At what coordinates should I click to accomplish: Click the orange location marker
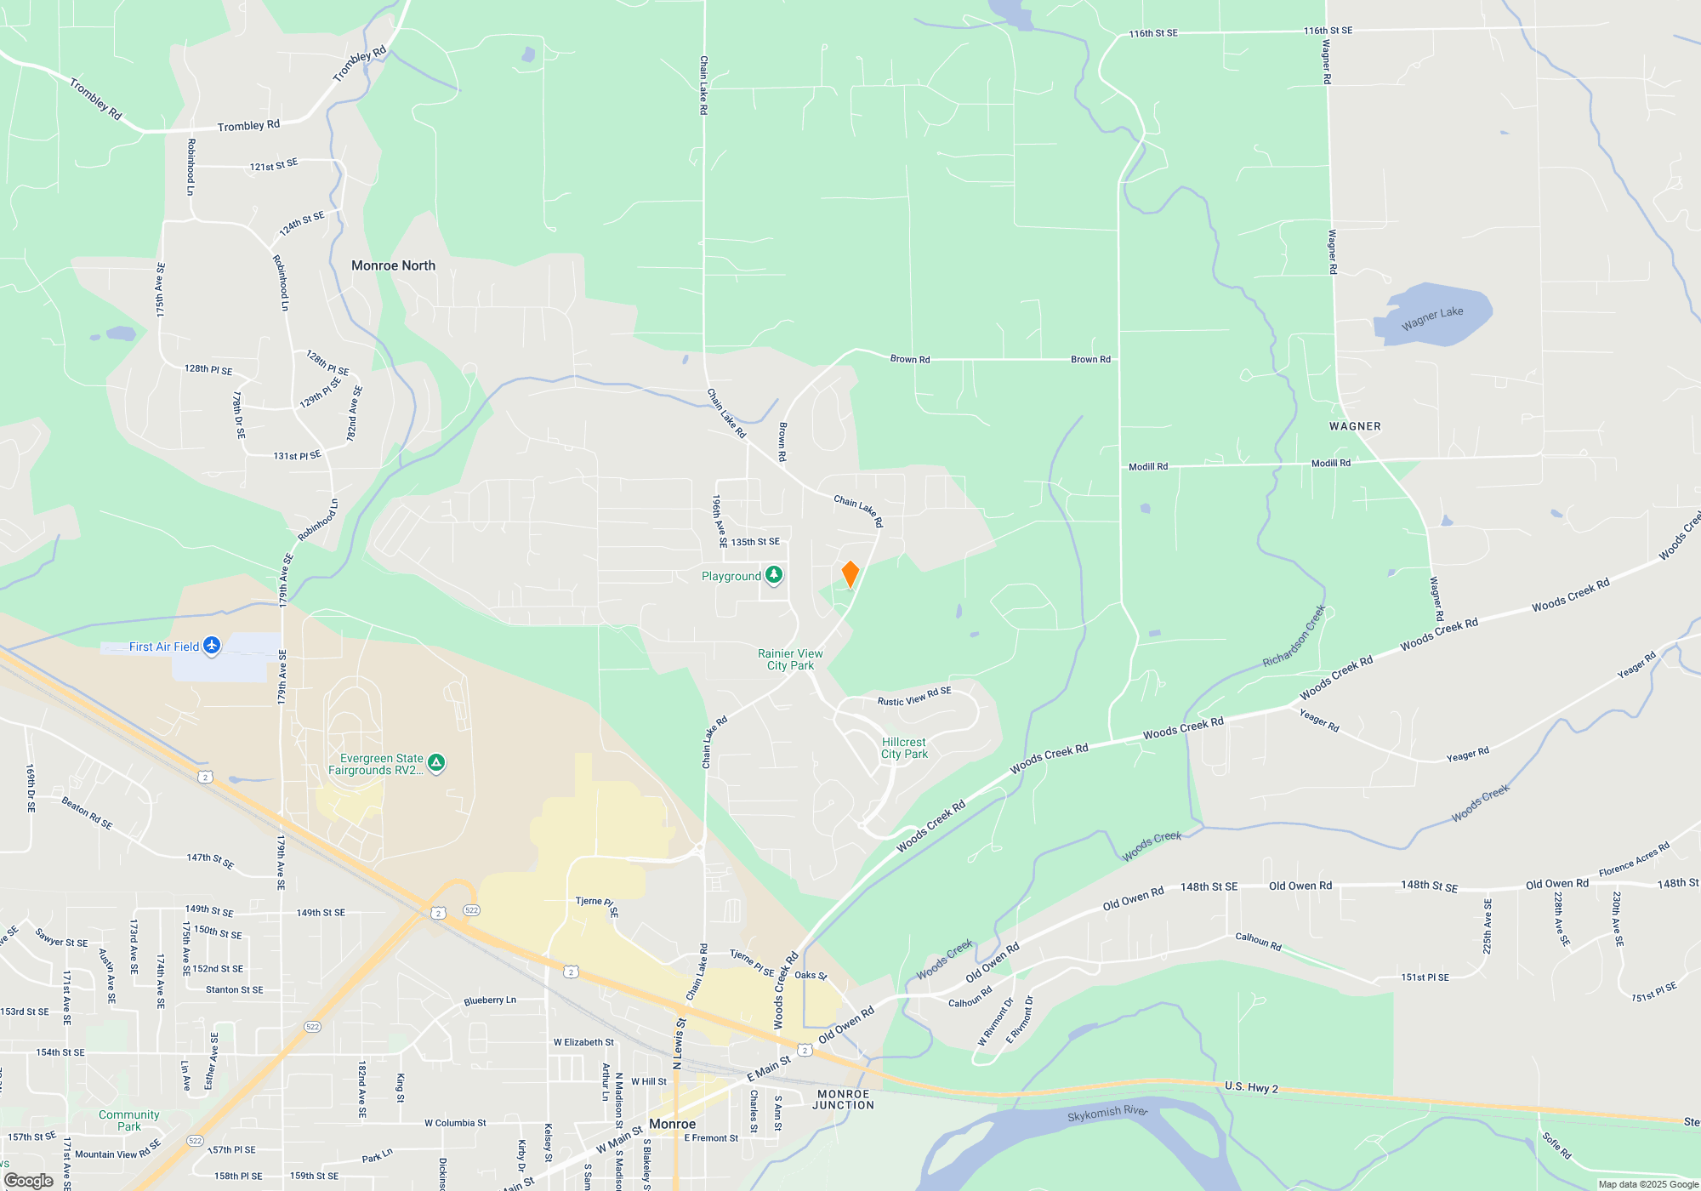point(850,574)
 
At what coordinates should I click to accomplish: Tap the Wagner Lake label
point(1432,317)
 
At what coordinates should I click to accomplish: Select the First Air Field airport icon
point(212,647)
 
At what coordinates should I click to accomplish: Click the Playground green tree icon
point(773,576)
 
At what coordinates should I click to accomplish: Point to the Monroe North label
point(393,265)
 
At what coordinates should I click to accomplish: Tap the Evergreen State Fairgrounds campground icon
point(436,763)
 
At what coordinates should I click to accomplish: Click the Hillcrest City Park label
point(904,748)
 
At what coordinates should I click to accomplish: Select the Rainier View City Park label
point(790,659)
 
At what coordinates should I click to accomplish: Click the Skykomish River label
point(1107,1112)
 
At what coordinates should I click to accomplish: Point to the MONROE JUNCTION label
point(843,1100)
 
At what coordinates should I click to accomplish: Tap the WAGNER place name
point(1355,426)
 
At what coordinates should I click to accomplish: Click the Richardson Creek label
point(1294,636)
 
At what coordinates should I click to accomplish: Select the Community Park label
point(128,1120)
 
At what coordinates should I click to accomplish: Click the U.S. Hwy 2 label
point(1251,1087)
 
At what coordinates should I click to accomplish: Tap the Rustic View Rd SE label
point(914,697)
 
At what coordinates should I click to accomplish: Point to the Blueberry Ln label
point(490,1000)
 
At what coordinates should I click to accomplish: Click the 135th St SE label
point(755,542)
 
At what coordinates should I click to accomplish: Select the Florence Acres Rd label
point(1634,859)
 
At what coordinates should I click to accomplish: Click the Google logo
point(29,1180)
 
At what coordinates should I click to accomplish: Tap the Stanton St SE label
point(235,990)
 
